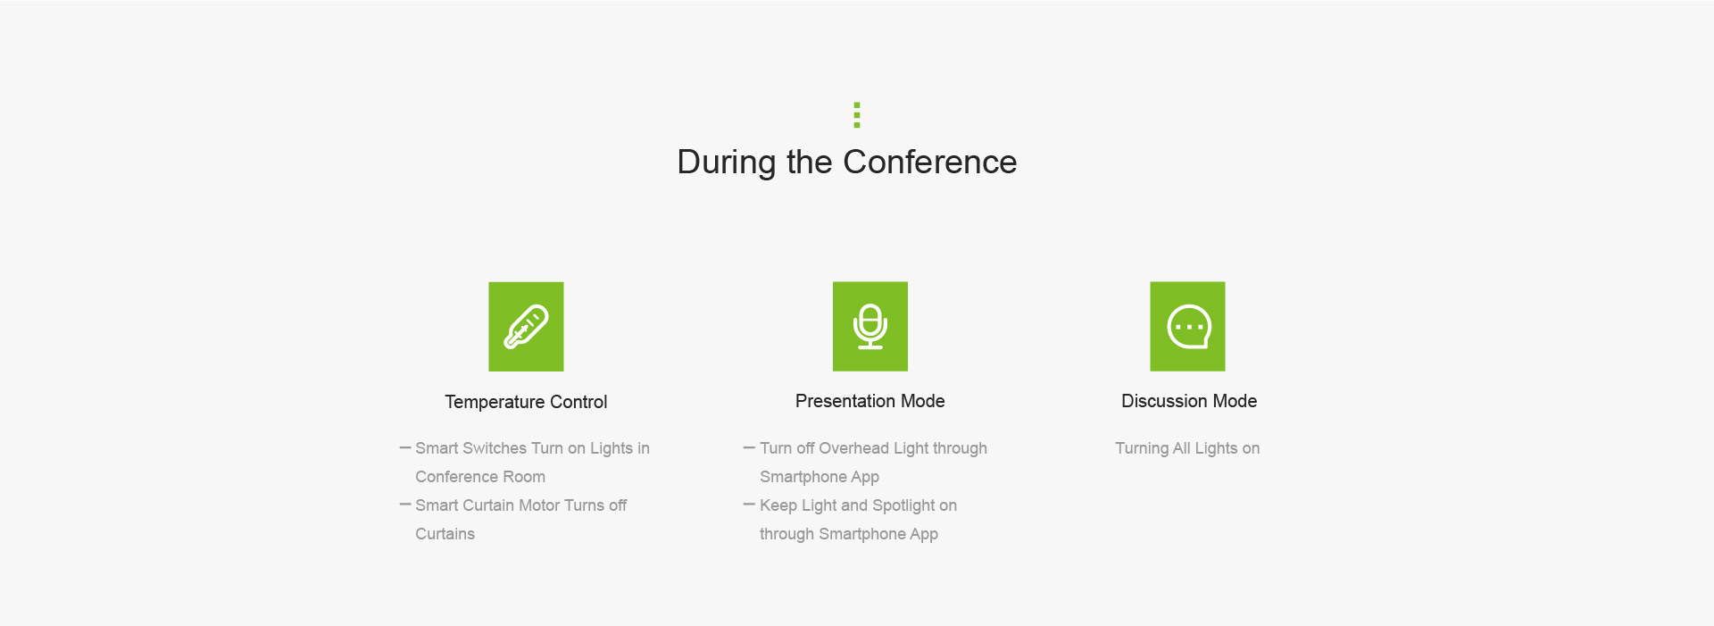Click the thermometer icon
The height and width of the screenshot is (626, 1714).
pos(526,327)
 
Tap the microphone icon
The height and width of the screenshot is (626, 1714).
pos(870,327)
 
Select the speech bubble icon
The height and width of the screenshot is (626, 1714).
pos(1187,327)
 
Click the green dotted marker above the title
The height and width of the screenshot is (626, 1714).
pos(857,115)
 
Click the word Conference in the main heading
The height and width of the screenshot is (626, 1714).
pos(929,163)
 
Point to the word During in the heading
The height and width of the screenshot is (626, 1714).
pos(726,163)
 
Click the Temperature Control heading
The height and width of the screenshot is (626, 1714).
pos(526,402)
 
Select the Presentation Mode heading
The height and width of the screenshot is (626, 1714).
pos(870,401)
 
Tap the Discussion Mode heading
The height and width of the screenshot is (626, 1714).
pos(1189,401)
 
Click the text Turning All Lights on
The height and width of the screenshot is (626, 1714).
pos(1187,448)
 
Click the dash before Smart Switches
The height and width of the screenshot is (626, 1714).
pos(405,447)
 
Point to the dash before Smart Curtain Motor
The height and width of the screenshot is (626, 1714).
pos(405,505)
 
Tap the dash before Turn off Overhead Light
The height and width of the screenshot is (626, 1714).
pos(749,447)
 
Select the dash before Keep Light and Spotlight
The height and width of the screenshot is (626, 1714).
pos(749,505)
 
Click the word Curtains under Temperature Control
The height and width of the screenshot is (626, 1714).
pos(445,534)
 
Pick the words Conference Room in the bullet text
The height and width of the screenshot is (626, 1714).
pos(480,477)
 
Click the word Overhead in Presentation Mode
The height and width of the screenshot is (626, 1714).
pos(853,448)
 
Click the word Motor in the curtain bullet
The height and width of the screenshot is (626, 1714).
pos(539,505)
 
